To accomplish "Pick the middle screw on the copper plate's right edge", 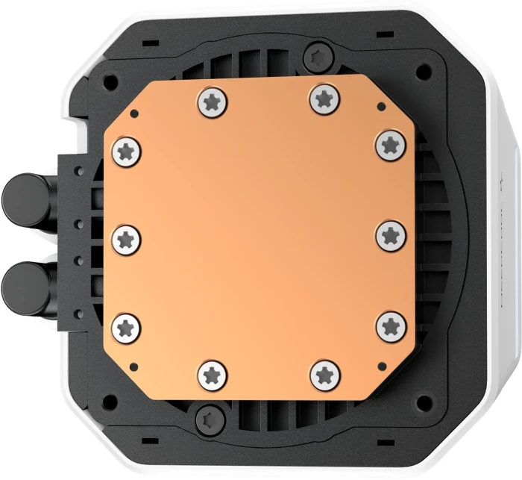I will click(x=390, y=234).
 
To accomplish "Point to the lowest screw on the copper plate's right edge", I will click(x=389, y=325).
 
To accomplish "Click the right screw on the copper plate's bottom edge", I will click(x=324, y=373).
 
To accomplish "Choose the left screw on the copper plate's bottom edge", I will click(x=211, y=373).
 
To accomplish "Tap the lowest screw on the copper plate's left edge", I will click(x=125, y=327).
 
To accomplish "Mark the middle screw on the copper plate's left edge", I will click(x=125, y=239).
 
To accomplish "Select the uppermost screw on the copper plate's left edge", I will click(x=125, y=152).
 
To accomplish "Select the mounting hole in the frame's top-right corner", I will click(x=424, y=70).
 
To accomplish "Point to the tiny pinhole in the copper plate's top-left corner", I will click(x=134, y=113).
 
